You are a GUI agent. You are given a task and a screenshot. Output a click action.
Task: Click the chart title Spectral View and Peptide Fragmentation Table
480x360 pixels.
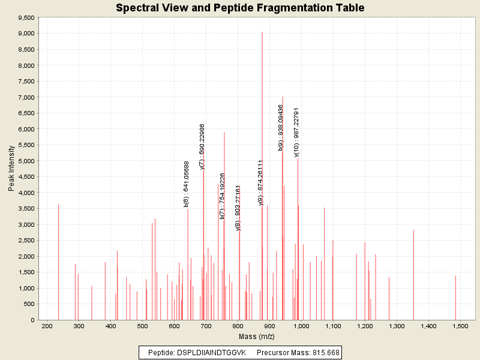pyautogui.click(x=240, y=8)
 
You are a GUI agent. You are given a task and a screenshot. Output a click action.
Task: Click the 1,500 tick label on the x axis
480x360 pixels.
pyautogui.click(x=460, y=326)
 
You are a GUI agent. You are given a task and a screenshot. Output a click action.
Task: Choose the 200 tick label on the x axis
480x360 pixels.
pyautogui.click(x=47, y=326)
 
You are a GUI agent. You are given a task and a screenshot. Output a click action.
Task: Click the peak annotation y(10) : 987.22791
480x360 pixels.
pyautogui.click(x=296, y=132)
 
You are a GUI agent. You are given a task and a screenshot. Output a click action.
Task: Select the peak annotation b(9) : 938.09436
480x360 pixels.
pyautogui.click(x=281, y=127)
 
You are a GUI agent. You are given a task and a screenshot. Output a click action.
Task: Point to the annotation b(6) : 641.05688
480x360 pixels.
pyautogui.click(x=187, y=184)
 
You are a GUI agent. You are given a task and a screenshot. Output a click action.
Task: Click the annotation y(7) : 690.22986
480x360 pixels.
pyautogui.click(x=202, y=146)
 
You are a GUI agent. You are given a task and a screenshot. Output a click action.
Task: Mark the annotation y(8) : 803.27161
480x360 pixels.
pyautogui.click(x=238, y=208)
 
